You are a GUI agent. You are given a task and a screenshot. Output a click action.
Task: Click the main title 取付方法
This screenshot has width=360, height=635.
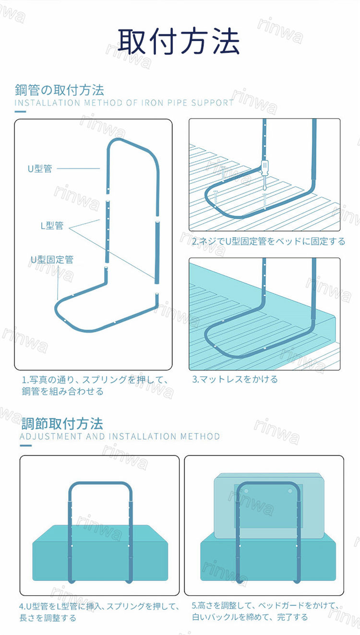click(x=179, y=41)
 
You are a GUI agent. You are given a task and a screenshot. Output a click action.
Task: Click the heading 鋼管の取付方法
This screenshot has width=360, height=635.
click(x=60, y=90)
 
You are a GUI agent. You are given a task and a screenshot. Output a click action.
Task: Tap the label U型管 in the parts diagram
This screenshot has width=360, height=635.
click(x=40, y=168)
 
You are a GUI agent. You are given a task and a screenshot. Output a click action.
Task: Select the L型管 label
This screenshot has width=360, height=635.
click(x=52, y=226)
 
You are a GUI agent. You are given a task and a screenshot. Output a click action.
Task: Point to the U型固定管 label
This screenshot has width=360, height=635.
click(x=52, y=259)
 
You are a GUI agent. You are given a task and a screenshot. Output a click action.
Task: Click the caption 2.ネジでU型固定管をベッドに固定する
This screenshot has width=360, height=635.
click(x=268, y=241)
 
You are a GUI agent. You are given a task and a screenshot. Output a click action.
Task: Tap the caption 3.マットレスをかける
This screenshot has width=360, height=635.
click(x=235, y=379)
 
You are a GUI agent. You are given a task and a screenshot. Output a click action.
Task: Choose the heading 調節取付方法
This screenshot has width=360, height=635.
click(x=62, y=423)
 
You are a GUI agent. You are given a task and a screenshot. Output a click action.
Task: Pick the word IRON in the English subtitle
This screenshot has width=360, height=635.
click(x=153, y=103)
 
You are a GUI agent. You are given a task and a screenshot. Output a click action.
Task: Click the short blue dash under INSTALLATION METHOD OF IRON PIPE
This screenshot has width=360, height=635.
click(x=20, y=111)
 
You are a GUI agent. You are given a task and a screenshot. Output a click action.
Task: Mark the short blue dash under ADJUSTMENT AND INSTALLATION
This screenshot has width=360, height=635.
click(x=26, y=445)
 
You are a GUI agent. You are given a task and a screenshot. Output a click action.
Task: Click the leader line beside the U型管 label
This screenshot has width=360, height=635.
click(x=78, y=168)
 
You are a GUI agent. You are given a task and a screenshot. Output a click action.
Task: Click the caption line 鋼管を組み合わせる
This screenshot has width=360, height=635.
click(x=63, y=392)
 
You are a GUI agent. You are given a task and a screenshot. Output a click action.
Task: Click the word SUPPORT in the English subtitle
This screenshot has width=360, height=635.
click(x=212, y=103)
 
